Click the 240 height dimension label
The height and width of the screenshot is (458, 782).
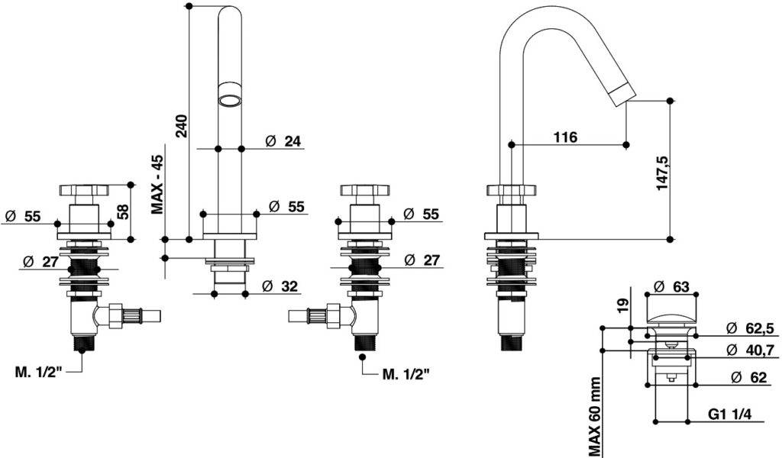point(182,126)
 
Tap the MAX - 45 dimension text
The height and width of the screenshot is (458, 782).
point(157,185)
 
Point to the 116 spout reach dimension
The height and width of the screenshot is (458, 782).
point(565,137)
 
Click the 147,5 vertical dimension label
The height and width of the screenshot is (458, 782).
point(662,172)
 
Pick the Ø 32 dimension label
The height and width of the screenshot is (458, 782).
point(280,286)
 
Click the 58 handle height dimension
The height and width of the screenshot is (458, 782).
point(122,211)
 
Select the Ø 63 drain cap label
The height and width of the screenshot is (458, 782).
point(671,286)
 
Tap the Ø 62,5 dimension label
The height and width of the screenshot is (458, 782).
point(750,328)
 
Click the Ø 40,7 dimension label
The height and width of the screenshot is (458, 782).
point(750,350)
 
